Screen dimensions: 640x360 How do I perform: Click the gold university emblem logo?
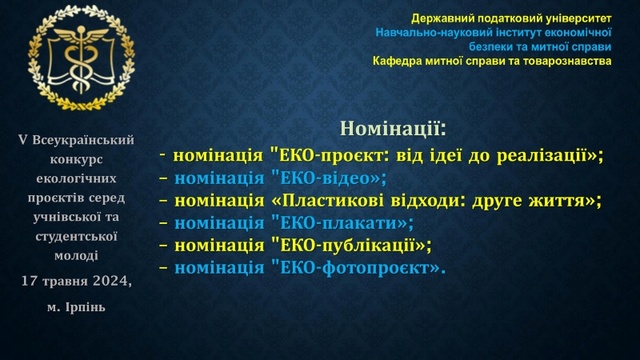pos(82,58)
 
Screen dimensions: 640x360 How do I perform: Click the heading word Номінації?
pos(393,129)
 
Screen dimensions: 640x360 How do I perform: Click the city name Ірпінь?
pos(85,306)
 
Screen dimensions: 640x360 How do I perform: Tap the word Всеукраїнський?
pos(83,140)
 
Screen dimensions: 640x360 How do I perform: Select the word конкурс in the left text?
pos(76,159)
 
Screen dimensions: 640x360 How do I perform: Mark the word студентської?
pos(76,236)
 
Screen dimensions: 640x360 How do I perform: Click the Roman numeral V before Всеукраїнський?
pos(23,140)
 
